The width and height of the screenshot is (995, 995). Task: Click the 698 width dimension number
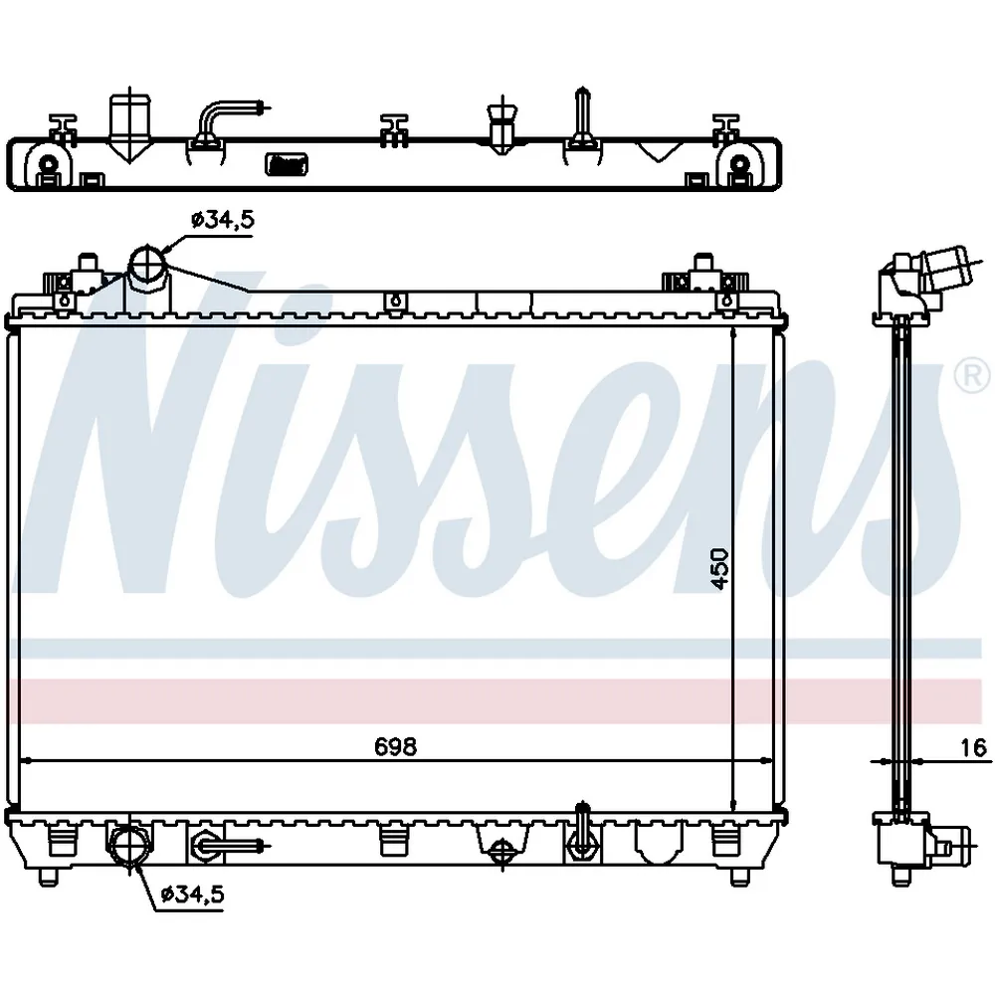(x=395, y=747)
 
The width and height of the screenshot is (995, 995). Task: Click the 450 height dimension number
(x=719, y=568)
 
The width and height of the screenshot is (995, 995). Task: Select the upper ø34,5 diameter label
(x=223, y=220)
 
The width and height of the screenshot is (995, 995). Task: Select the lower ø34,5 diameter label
(x=193, y=895)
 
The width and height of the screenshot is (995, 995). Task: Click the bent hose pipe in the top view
(x=222, y=120)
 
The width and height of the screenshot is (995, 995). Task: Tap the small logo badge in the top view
(x=287, y=164)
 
